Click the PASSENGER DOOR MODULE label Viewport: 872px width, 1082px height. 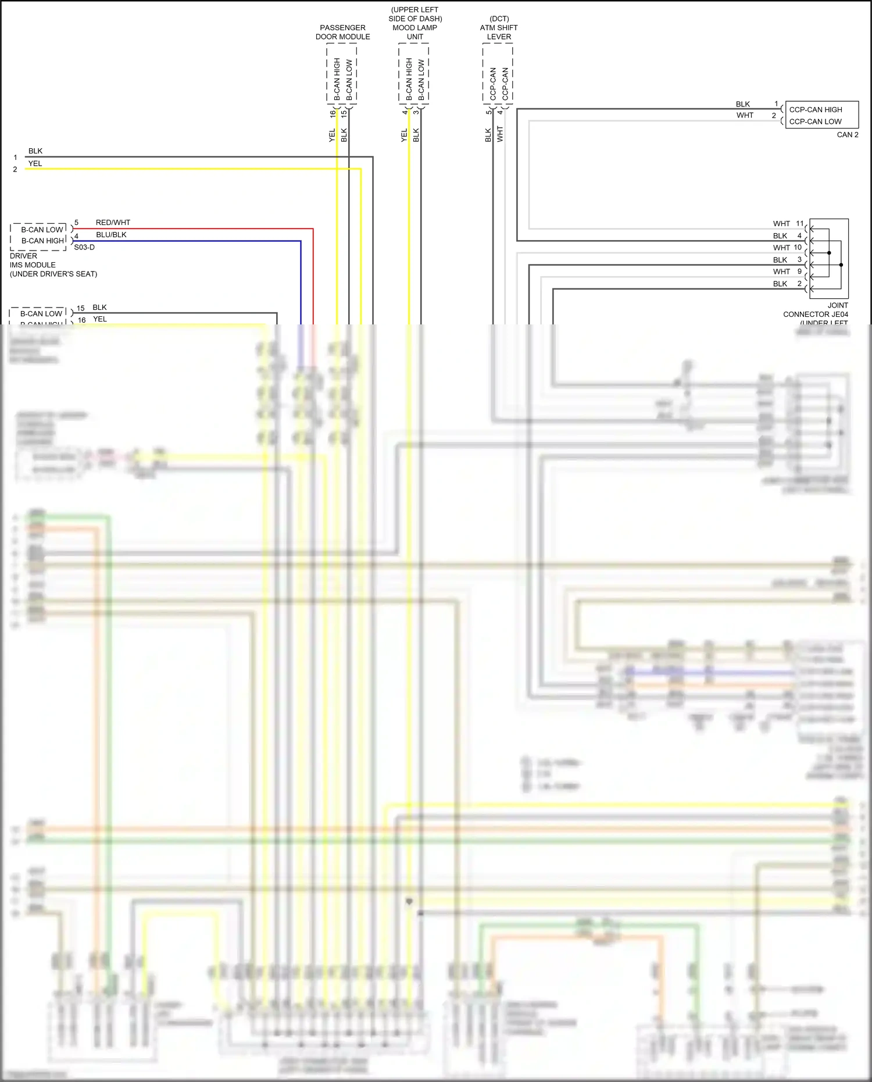pos(342,32)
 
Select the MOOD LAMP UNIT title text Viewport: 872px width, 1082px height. pos(414,32)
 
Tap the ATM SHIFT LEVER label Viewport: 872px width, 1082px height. pos(499,32)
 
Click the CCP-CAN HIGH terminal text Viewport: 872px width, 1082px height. pos(815,109)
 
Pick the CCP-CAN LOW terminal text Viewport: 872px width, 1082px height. pos(815,122)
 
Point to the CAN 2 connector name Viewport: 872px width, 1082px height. pos(847,134)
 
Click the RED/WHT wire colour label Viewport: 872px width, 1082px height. pos(113,223)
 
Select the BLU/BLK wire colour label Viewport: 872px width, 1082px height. pos(111,235)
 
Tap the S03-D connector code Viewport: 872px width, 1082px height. pos(84,247)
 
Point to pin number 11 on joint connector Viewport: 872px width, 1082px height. pos(799,223)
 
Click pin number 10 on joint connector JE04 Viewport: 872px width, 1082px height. pos(798,247)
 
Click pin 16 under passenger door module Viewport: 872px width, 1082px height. pos(333,114)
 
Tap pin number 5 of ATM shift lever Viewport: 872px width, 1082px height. pos(488,112)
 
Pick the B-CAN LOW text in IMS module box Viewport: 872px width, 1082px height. pos(42,230)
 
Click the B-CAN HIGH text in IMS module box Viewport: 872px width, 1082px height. pos(42,241)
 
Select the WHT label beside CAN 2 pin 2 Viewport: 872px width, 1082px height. pos(745,115)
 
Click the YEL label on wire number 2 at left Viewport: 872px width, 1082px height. pos(35,163)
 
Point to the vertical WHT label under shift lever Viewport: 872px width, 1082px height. pos(500,134)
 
